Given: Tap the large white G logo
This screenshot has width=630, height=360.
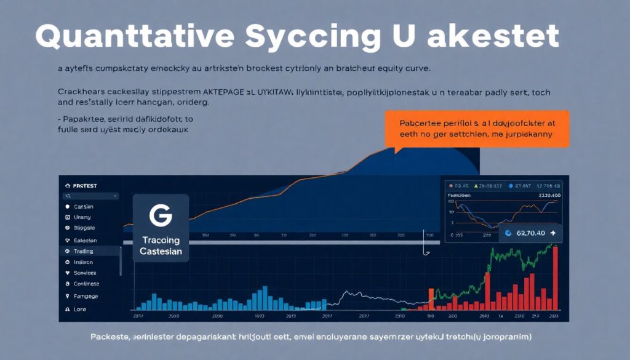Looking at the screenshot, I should (161, 215).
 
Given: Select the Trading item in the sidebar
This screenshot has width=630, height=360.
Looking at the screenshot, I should (83, 251).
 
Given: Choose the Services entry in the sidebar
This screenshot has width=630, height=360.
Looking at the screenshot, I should (85, 273).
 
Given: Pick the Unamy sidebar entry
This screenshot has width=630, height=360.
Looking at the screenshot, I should (82, 217).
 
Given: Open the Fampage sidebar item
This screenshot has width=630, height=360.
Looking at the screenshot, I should (86, 296).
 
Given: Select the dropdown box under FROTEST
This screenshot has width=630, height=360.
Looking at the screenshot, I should (90, 196).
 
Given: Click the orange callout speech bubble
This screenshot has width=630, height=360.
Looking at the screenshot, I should (476, 127).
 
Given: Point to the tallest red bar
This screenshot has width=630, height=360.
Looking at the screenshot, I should (556, 278).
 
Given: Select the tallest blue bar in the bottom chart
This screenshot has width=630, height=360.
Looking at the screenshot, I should (265, 298).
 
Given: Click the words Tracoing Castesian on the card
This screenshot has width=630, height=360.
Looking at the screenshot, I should (160, 246).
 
